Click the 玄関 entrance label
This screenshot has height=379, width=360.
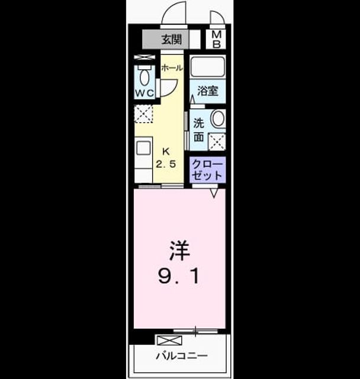(x=171, y=40)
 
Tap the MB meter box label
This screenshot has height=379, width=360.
(x=216, y=40)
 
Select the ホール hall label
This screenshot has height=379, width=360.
(x=172, y=68)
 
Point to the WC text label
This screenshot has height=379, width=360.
(x=144, y=93)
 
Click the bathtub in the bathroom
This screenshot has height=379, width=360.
(x=208, y=66)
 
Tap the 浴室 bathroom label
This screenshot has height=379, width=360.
(x=208, y=91)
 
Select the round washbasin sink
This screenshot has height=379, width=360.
(x=218, y=118)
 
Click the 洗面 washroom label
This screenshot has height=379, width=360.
(x=198, y=130)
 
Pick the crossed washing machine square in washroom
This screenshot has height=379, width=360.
(x=217, y=142)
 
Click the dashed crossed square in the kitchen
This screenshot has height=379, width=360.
(x=143, y=114)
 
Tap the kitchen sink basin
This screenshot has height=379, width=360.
(x=143, y=148)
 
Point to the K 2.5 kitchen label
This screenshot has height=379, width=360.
(x=166, y=158)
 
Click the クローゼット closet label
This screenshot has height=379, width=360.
(x=207, y=170)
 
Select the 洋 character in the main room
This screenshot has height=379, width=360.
(x=179, y=250)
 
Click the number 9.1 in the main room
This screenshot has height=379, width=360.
(x=179, y=277)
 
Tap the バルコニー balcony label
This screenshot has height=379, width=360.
(x=182, y=356)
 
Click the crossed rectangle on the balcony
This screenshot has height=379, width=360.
(x=169, y=340)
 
